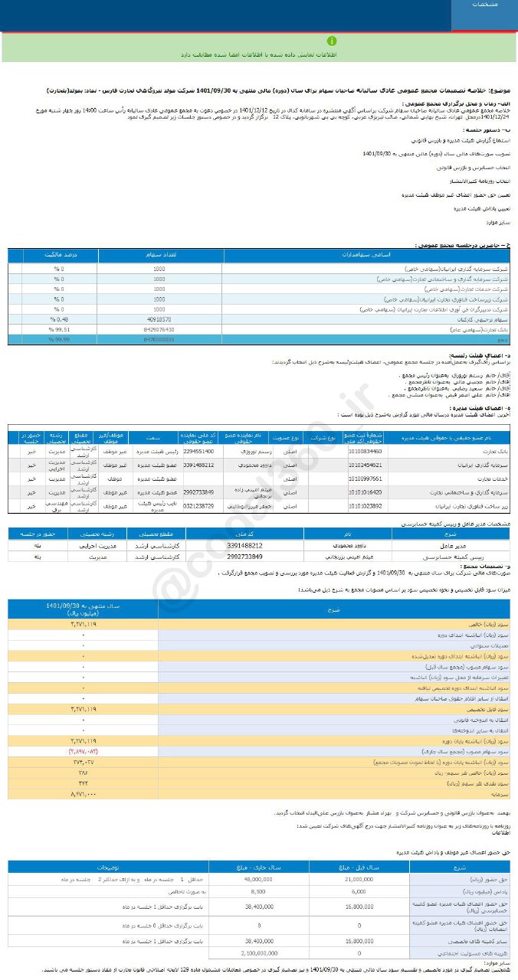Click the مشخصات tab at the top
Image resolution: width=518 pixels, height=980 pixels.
click(484, 5)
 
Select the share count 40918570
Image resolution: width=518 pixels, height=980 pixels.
click(159, 318)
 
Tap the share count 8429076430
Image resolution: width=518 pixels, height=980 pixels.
click(159, 328)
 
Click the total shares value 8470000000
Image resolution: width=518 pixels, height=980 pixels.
click(159, 338)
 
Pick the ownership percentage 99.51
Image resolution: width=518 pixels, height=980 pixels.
click(58, 328)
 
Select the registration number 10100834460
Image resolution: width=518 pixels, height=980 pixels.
click(363, 451)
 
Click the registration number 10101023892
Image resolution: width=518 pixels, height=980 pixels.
click(363, 506)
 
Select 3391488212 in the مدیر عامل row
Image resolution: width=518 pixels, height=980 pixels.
click(250, 545)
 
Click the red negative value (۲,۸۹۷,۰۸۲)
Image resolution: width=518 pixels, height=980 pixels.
click(81, 752)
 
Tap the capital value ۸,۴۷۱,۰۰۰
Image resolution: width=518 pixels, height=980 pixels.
click(81, 795)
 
